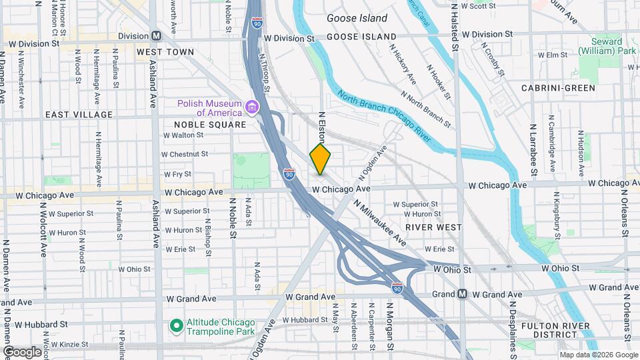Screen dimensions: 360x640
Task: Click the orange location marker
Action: (x=321, y=159)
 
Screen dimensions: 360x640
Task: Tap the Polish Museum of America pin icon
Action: (x=251, y=107)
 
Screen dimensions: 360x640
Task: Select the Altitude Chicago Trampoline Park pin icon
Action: (x=177, y=326)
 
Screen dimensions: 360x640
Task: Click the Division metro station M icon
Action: (x=156, y=35)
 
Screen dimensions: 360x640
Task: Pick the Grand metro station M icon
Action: (x=462, y=294)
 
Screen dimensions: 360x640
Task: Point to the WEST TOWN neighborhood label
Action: (x=165, y=51)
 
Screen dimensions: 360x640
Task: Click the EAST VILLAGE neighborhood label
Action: (x=79, y=115)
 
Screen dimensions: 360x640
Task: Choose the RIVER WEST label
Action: (x=433, y=227)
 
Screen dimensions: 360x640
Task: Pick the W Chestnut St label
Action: (x=186, y=154)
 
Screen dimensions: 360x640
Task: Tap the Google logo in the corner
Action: (x=22, y=351)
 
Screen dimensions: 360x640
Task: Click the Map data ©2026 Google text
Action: (x=599, y=354)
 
